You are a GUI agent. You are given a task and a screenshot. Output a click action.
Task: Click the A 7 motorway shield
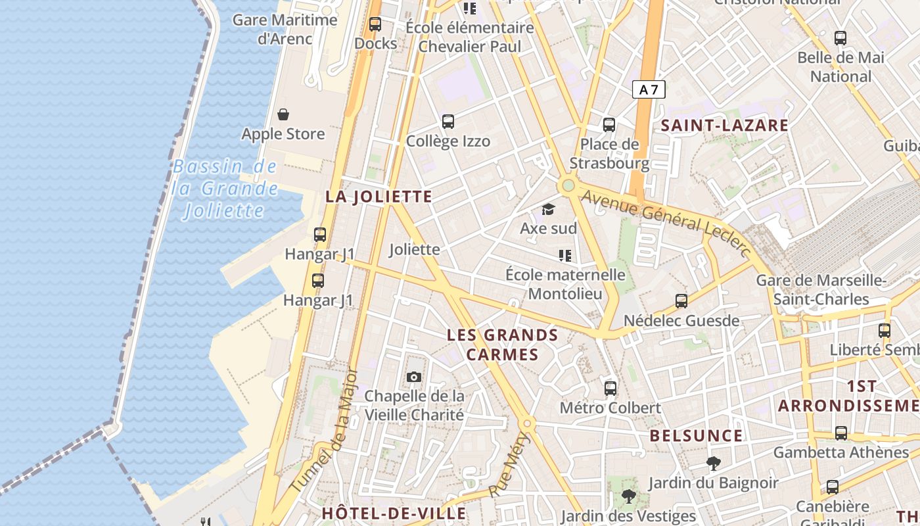[x=649, y=89]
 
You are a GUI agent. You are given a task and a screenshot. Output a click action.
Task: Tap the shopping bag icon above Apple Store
[x=283, y=115]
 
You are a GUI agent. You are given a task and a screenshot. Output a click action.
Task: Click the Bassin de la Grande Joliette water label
[x=225, y=189]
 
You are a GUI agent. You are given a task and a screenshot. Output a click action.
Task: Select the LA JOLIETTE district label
[x=379, y=197]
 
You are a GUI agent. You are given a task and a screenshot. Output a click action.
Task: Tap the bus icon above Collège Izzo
[x=448, y=122]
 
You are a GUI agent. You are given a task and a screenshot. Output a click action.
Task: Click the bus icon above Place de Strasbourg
[x=609, y=124]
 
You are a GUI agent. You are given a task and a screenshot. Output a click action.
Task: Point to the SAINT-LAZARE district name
[x=724, y=126]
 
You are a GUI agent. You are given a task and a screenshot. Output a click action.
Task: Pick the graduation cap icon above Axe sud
[x=548, y=210]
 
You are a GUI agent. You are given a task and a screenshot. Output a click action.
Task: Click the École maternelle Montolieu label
[x=565, y=283]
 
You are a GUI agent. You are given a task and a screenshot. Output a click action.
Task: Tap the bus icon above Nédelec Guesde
[x=681, y=301]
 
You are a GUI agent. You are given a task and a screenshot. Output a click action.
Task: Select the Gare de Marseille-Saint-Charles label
[x=821, y=290]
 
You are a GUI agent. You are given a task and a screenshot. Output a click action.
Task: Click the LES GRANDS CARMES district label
[x=503, y=345]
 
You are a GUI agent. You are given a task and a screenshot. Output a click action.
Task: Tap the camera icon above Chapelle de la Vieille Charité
[x=414, y=377]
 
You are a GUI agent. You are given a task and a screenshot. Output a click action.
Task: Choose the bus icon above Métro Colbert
[x=610, y=388]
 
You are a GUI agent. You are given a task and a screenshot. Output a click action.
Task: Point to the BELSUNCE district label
[x=696, y=436]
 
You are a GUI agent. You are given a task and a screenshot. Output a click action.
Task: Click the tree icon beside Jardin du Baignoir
[x=713, y=464]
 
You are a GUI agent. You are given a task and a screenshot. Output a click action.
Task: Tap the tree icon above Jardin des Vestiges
[x=629, y=496]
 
